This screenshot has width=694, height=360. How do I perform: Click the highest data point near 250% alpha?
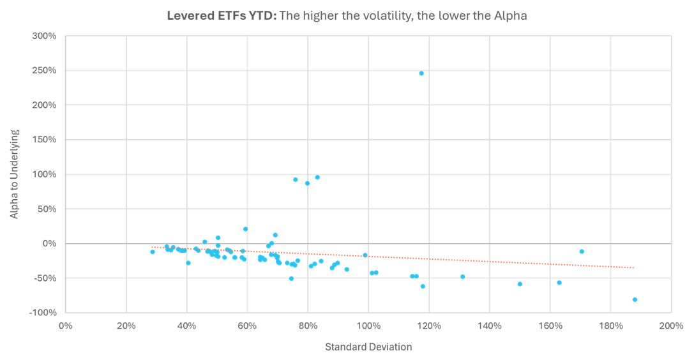pyautogui.click(x=421, y=73)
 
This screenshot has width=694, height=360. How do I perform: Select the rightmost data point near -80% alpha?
pyautogui.click(x=635, y=299)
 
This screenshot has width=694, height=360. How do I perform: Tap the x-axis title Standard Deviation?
pyautogui.click(x=368, y=347)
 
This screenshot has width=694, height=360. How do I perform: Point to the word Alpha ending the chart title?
pyautogui.click(x=511, y=16)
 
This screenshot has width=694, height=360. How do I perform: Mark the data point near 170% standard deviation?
pyautogui.click(x=582, y=251)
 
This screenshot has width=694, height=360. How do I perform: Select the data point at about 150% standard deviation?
pyautogui.click(x=520, y=284)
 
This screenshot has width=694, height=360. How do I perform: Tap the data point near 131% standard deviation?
pyautogui.click(x=463, y=276)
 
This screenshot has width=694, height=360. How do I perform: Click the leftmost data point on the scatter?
pyautogui.click(x=152, y=251)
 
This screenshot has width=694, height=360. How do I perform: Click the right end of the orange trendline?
pyautogui.click(x=634, y=267)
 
